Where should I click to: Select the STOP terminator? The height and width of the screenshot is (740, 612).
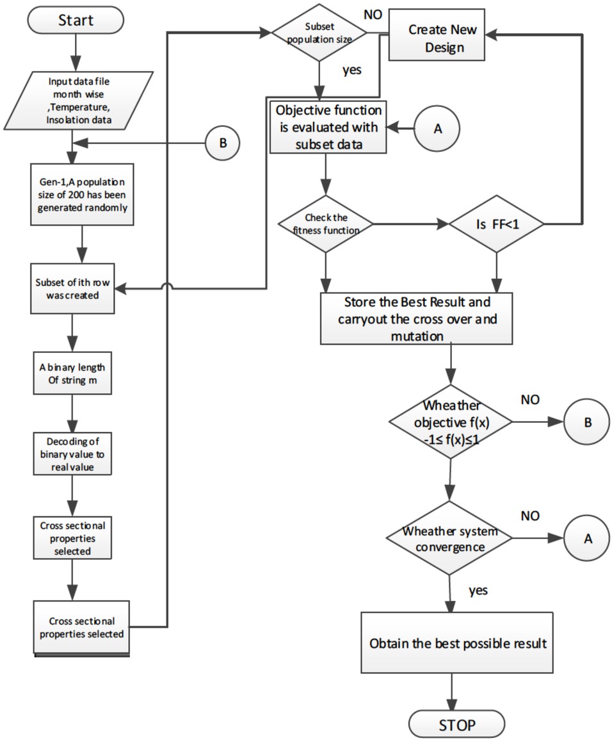click(x=456, y=725)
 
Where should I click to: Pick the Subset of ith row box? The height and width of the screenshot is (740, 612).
click(x=76, y=290)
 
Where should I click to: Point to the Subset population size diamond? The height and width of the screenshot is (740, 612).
click(x=318, y=31)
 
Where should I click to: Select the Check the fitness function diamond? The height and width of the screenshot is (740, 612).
click(x=325, y=224)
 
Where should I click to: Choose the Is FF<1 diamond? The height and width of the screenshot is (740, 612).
click(x=497, y=224)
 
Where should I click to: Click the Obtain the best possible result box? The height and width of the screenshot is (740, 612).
click(x=458, y=643)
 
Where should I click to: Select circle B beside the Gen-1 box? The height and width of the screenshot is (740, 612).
click(x=223, y=143)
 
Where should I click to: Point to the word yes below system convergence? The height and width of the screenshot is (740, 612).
click(x=478, y=589)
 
